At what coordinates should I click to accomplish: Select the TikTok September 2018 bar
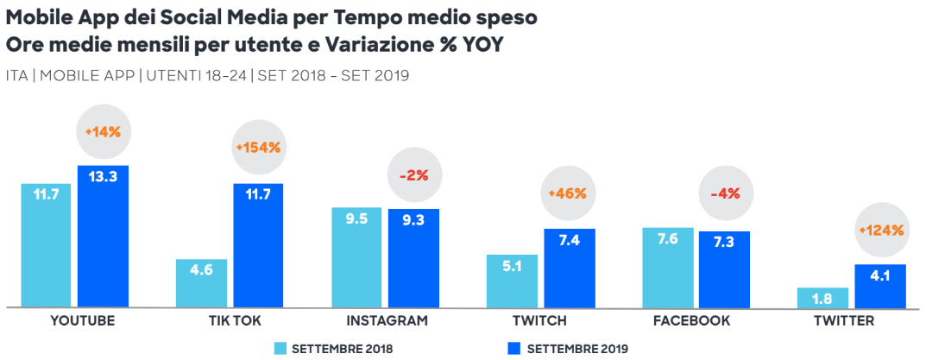tap(201, 283)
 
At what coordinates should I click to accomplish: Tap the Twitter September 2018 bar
tap(822, 298)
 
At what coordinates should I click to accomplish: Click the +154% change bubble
tap(257, 148)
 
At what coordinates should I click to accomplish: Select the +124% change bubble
tap(880, 231)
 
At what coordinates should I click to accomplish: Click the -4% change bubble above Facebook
tap(724, 193)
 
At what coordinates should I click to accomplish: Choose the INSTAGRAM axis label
tap(387, 320)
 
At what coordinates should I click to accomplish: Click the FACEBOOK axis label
tap(696, 320)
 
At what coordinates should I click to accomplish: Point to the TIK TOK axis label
tap(230, 320)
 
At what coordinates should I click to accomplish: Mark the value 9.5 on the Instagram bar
tap(356, 219)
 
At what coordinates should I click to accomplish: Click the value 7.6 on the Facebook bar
tap(667, 240)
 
